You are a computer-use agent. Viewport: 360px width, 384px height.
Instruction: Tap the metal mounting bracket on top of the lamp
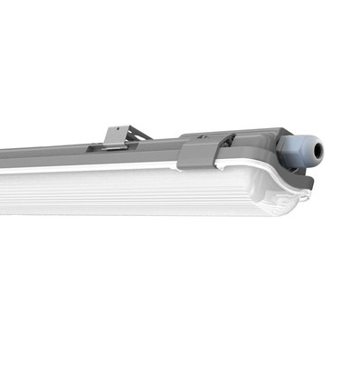click(118, 137)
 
